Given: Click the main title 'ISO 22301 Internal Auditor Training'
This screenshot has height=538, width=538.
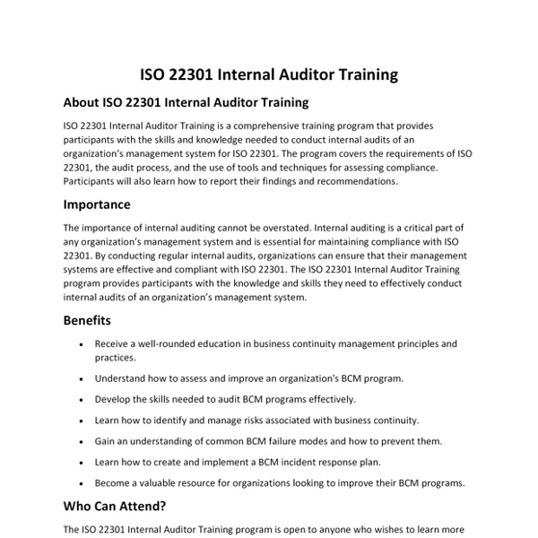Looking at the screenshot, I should (269, 74).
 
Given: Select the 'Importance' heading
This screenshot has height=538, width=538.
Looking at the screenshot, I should (97, 204).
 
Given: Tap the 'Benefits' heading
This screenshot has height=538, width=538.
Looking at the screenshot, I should (88, 320).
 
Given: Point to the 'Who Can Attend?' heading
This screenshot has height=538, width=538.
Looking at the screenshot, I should (115, 506).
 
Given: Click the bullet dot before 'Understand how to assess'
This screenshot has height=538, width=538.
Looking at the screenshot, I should (82, 379).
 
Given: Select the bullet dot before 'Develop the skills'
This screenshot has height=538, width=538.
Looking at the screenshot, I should (82, 400).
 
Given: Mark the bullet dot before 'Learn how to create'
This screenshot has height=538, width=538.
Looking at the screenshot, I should (82, 463).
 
